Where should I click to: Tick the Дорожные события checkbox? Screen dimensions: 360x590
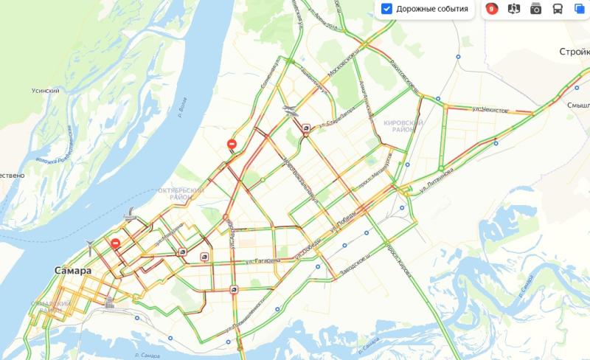coord(387,9)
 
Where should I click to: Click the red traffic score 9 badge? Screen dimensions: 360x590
coord(492,9)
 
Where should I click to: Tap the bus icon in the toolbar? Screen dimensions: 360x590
coord(558,9)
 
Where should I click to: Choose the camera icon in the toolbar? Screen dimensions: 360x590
coord(536,9)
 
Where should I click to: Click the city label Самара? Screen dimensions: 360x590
coord(73,271)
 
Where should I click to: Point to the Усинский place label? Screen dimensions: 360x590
coord(46,91)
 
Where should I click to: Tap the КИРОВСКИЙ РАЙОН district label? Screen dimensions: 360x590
coord(403,125)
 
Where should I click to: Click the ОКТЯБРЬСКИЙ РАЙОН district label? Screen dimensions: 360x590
coord(181,193)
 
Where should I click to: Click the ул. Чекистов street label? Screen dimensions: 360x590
coord(490,110)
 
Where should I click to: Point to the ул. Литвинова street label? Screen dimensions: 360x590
coord(435,179)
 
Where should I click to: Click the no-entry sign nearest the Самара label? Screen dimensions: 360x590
coord(115,245)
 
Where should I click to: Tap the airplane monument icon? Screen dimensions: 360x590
coord(291,111)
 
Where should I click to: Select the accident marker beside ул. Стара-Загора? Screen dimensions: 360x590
coord(306,127)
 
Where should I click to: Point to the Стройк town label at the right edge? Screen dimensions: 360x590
coord(574,52)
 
